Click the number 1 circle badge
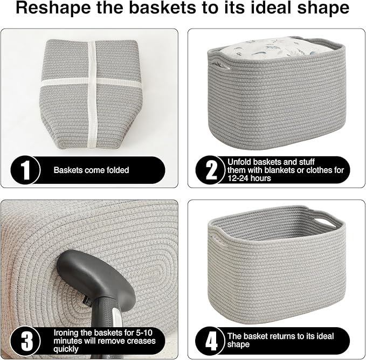click(x=25, y=170)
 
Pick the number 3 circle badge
click(x=25, y=340)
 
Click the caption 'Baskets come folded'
click(x=91, y=170)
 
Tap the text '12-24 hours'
click(x=250, y=178)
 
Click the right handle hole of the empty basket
click(x=325, y=222)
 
